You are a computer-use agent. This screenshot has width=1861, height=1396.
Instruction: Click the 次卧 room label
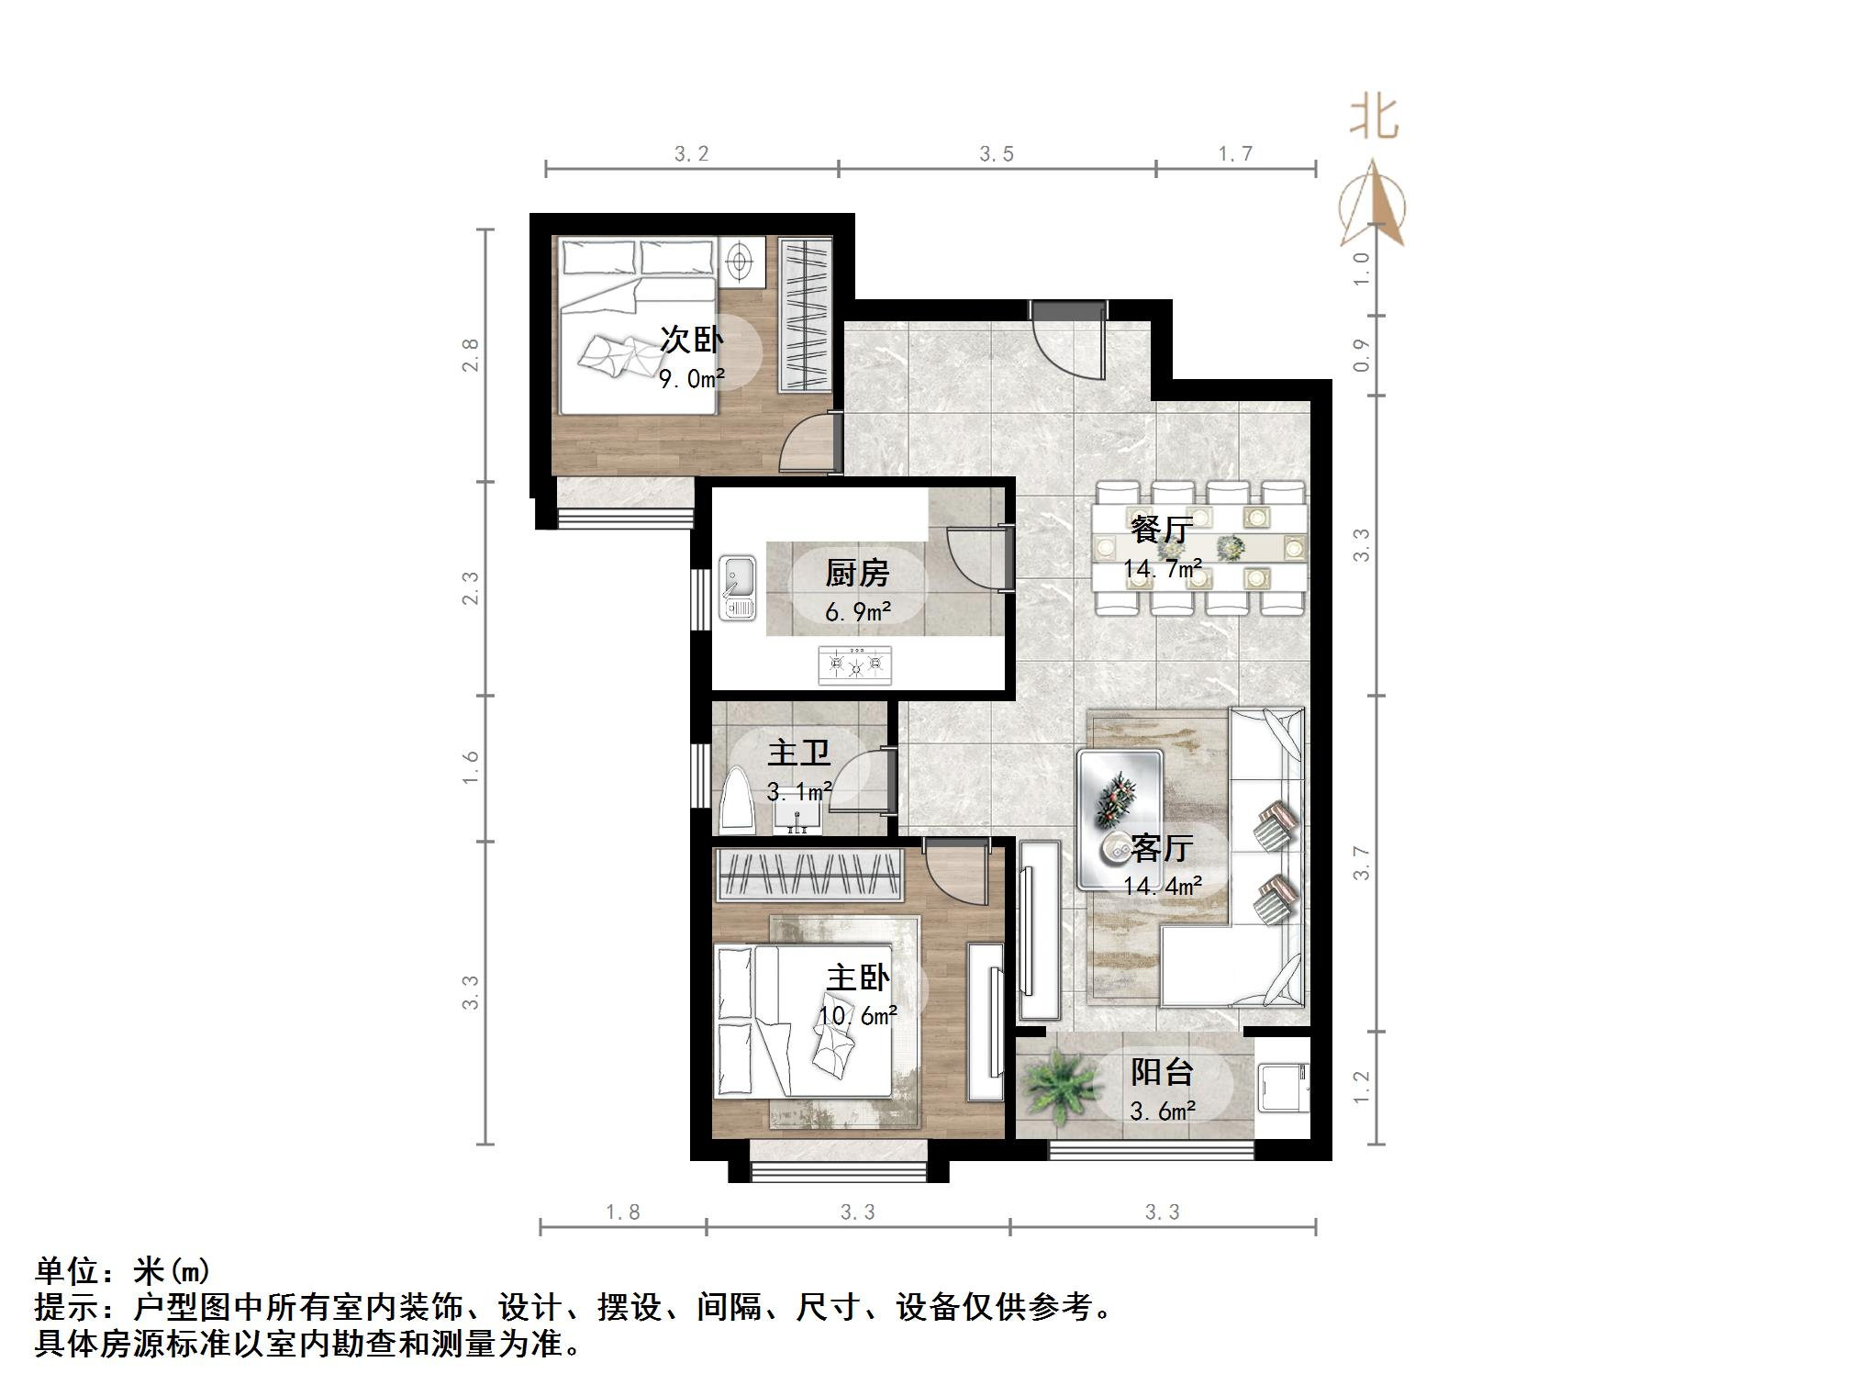click(x=692, y=341)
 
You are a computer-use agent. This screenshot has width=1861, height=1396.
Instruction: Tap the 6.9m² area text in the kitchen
click(x=858, y=611)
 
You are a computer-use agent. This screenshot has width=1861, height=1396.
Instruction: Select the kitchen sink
click(x=738, y=587)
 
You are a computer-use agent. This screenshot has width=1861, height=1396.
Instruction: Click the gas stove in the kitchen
click(x=854, y=664)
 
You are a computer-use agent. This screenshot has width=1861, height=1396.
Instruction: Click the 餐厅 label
click(x=1161, y=530)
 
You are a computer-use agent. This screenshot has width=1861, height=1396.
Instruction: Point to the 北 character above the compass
click(x=1374, y=118)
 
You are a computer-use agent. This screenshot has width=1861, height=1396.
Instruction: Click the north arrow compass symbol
click(x=1373, y=207)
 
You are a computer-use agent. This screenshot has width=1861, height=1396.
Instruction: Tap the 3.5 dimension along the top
click(x=997, y=154)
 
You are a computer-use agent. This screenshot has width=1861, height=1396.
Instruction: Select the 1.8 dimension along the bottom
click(x=622, y=1212)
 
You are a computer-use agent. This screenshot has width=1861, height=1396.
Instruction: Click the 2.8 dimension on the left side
click(x=471, y=355)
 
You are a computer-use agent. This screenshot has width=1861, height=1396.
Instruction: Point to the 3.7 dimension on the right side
click(x=1363, y=864)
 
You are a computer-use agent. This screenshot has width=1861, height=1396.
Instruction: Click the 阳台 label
click(x=1162, y=1071)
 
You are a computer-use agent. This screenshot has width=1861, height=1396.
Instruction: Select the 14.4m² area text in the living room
click(x=1163, y=886)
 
